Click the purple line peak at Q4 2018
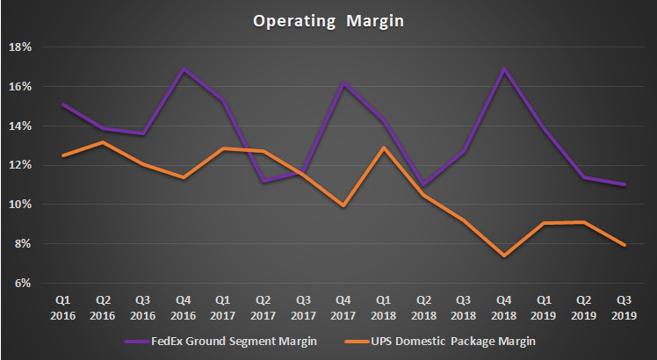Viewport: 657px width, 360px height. tap(503, 68)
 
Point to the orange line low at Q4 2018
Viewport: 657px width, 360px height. tap(503, 256)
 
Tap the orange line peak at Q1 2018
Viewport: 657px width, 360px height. tap(383, 148)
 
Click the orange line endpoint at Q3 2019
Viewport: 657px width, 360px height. tap(624, 246)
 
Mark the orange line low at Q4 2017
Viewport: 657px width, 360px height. tap(343, 206)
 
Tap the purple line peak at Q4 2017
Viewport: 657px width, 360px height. tap(343, 83)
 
